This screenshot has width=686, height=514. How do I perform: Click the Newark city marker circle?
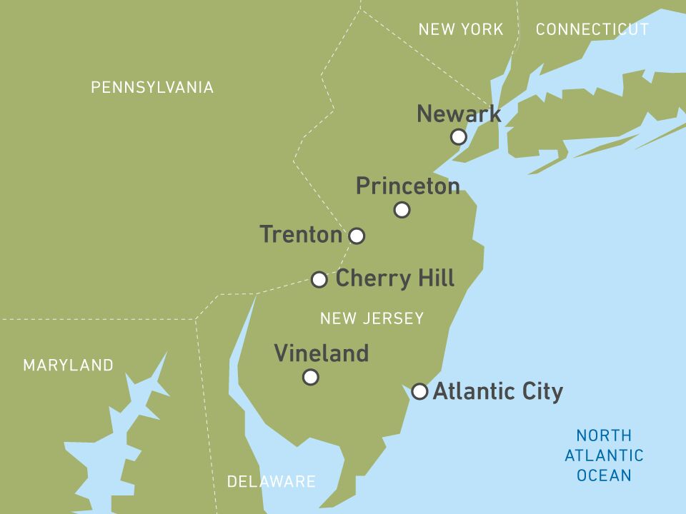click(x=459, y=136)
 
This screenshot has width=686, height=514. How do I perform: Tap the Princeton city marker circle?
click(x=402, y=210)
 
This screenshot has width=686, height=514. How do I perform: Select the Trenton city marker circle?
click(x=357, y=236)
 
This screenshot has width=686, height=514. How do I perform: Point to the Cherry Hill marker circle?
click(x=319, y=279)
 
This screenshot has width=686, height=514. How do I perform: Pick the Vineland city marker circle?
click(x=310, y=377)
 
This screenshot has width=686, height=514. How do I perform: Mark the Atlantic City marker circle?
click(x=420, y=391)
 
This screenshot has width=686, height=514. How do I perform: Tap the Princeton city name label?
click(x=407, y=186)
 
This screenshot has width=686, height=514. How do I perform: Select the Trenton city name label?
click(x=301, y=234)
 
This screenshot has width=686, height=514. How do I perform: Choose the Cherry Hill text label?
click(x=395, y=278)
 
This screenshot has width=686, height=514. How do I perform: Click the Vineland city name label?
click(x=322, y=353)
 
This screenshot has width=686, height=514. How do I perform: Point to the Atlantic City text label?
click(x=498, y=391)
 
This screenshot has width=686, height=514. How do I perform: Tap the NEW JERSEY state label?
click(x=372, y=318)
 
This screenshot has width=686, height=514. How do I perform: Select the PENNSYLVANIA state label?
click(x=152, y=87)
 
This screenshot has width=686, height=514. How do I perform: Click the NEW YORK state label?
click(x=461, y=29)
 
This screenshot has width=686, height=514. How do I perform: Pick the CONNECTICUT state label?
click(x=592, y=29)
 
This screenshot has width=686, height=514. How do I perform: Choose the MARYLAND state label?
click(x=68, y=366)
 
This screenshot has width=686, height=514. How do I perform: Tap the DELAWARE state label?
click(x=271, y=481)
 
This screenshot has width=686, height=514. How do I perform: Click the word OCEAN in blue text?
click(x=605, y=475)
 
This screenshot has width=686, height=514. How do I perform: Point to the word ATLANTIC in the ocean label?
click(x=605, y=455)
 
